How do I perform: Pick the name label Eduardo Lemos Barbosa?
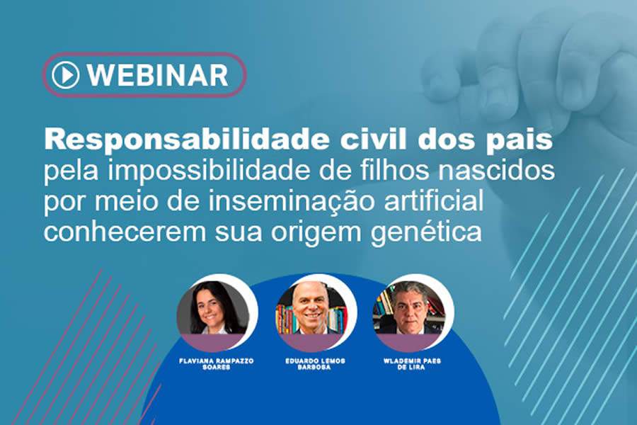coord(315,364)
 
